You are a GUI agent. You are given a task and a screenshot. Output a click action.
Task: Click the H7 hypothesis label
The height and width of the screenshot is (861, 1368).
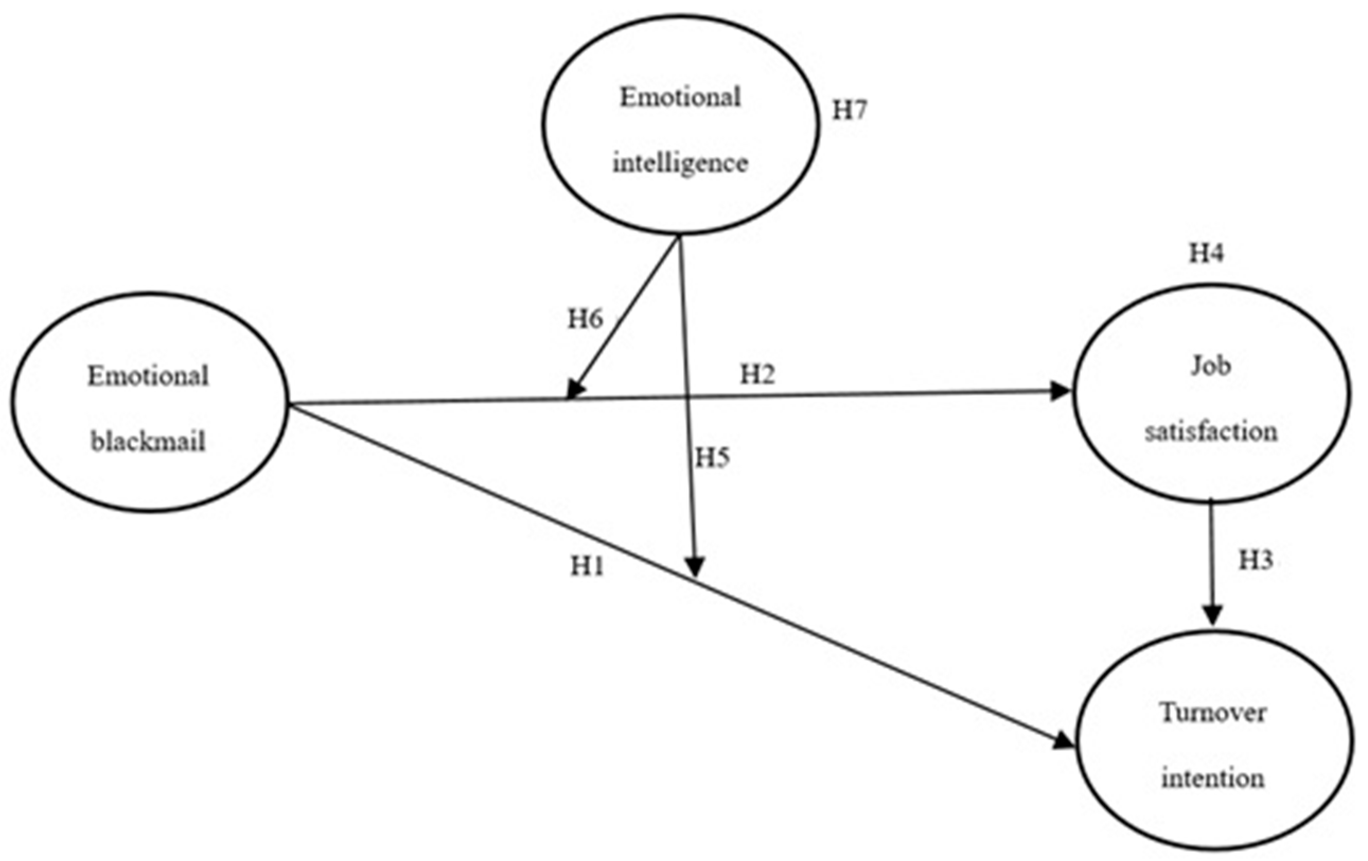pos(849,110)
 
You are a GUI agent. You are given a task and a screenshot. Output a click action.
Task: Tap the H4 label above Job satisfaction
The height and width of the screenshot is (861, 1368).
pos(1207,253)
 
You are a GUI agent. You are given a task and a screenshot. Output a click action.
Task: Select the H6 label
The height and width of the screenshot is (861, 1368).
pos(585,319)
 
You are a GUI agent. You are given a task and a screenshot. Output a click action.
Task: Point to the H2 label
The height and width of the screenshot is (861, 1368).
pos(757,374)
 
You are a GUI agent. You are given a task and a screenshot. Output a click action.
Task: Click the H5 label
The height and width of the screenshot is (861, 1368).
pos(712,458)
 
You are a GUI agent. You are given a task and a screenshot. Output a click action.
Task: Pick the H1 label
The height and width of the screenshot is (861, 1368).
pos(587,566)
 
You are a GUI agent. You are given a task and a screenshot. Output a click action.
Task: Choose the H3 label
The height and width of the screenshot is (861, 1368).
pos(1256,561)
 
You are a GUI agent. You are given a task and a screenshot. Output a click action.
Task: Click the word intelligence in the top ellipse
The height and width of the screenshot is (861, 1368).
pos(680,164)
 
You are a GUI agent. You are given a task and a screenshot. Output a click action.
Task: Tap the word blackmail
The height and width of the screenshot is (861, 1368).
pos(148,441)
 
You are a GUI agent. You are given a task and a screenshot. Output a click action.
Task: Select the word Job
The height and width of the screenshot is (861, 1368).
pos(1211,366)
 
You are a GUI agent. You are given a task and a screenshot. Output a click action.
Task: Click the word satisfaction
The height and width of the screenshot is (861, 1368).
pos(1211,432)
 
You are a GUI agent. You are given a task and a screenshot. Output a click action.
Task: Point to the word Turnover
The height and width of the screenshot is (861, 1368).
pos(1213,713)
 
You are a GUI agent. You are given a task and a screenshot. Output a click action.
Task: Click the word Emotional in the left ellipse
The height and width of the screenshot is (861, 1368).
pos(148,376)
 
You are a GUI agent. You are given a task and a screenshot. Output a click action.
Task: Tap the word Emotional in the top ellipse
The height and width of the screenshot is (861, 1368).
pos(680,97)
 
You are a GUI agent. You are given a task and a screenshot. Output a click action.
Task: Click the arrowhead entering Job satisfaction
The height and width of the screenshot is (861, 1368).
pos(1060,392)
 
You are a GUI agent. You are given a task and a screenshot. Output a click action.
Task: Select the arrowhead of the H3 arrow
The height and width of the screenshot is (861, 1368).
pos(1212,616)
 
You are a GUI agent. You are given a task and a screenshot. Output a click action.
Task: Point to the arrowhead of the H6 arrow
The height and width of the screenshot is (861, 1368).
pos(575,389)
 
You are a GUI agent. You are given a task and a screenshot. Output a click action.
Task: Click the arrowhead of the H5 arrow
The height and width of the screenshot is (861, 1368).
pos(695,567)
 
